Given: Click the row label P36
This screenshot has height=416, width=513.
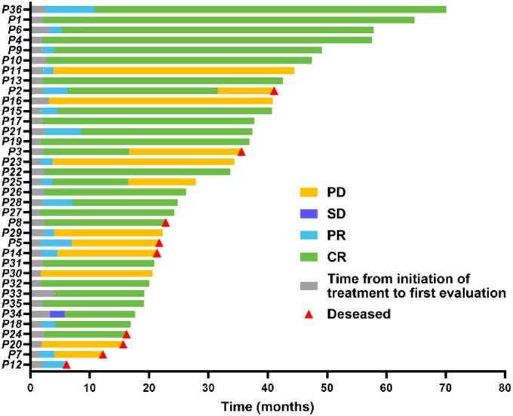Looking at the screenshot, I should click(x=11, y=9).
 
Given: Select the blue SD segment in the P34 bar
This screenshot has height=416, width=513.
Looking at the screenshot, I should click(x=57, y=314).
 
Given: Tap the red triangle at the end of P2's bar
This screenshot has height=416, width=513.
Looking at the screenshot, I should click(x=275, y=90).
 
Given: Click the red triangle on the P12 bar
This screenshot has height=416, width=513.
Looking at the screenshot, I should click(x=66, y=364).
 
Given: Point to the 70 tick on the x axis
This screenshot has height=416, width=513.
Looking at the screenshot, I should click(x=444, y=388).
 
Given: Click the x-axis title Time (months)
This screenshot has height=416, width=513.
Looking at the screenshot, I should click(x=267, y=407).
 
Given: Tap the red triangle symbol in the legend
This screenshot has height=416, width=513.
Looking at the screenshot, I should click(x=307, y=314).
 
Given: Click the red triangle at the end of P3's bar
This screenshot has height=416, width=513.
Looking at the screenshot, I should click(x=241, y=151).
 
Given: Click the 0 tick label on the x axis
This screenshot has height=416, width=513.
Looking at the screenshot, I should click(x=31, y=388).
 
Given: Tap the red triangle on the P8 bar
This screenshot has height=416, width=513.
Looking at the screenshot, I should click(x=166, y=222).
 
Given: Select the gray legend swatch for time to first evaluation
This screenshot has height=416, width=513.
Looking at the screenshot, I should click(x=308, y=286).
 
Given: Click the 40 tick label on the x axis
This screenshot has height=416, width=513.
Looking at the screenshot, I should click(x=267, y=388).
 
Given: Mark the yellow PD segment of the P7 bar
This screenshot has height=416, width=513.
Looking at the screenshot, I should click(x=77, y=354).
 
